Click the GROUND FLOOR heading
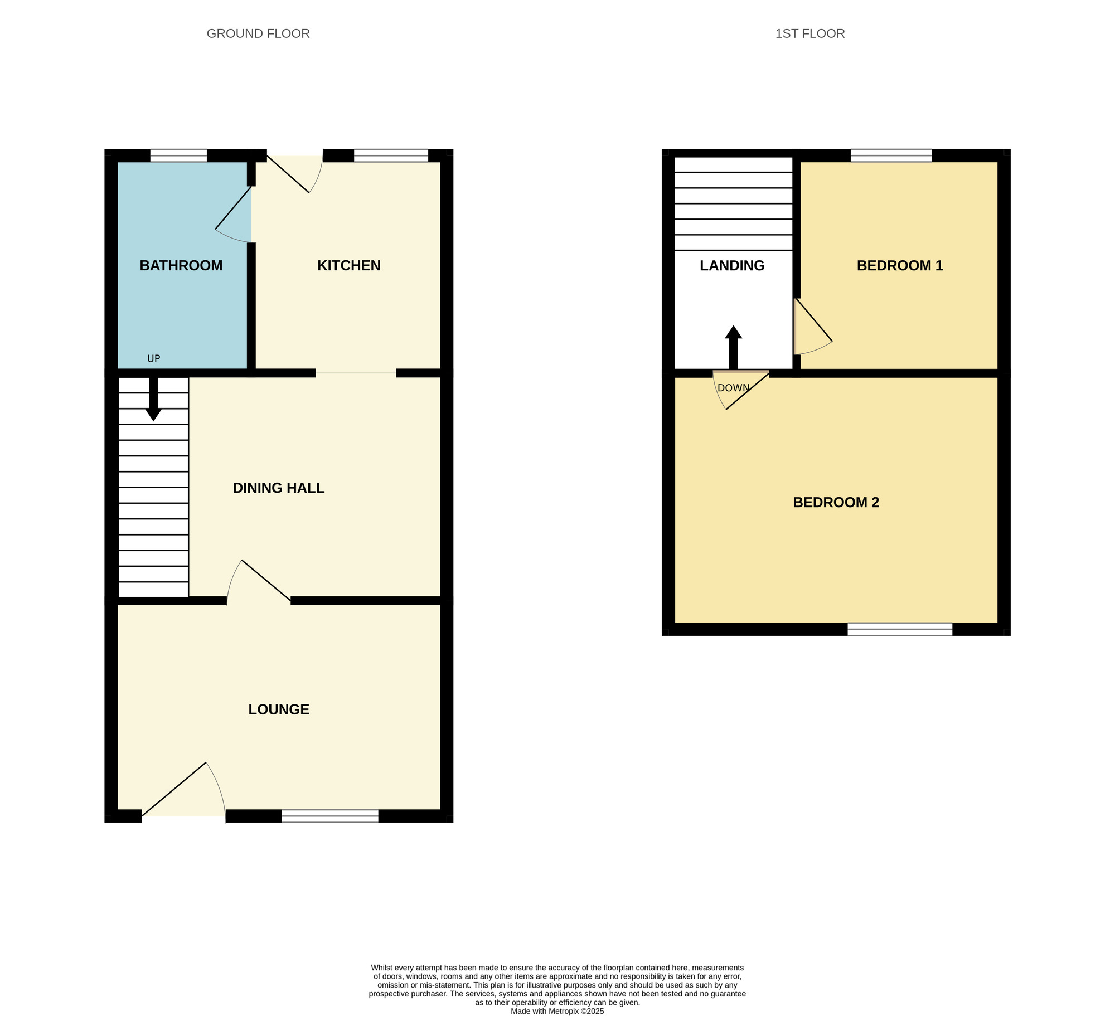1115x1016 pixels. tap(258, 33)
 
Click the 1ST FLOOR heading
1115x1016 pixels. tap(809, 33)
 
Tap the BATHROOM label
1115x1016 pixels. tap(181, 265)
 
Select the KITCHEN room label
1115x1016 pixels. tap(348, 265)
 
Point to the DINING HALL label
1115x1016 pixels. tap(278, 488)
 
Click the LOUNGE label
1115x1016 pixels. tap(278, 709)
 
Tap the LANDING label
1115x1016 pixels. tap(731, 265)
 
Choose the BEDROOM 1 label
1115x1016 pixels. tap(899, 265)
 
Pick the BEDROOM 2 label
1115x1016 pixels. tap(835, 502)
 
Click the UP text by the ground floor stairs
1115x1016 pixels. tap(153, 359)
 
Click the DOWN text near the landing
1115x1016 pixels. tap(733, 388)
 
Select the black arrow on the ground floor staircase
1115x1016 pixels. tap(153, 399)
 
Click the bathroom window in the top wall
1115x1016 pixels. tap(178, 155)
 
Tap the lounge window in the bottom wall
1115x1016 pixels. tap(329, 816)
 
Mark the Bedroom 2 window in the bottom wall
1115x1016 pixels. tap(899, 629)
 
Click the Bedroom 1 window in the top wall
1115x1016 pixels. tap(891, 155)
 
